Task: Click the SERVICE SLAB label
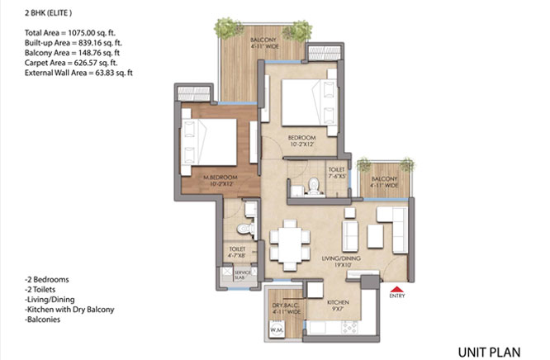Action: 243,276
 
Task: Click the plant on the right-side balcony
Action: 365,163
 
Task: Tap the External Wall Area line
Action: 79,73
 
